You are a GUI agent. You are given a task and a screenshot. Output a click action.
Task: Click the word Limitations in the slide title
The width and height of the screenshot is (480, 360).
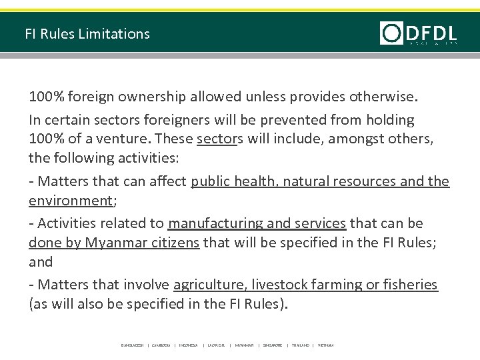point(116,33)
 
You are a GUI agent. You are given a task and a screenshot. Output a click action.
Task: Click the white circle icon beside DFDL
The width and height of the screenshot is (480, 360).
point(391,33)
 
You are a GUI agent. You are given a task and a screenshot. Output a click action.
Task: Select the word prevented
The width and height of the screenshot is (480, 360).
point(309,121)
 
